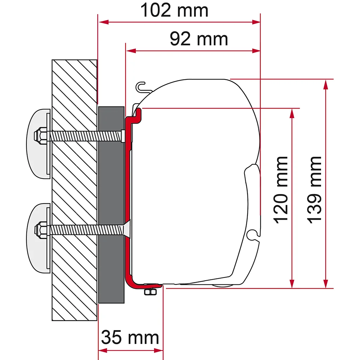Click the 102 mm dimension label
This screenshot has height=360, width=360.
point(174,11)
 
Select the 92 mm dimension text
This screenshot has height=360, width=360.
point(199,39)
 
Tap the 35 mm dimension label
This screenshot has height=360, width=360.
point(130,337)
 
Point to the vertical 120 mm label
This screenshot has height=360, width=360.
point(281,189)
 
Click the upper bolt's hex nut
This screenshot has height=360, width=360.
point(40,136)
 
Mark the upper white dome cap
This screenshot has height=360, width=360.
point(38,144)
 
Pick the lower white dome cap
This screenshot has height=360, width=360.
point(38,238)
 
